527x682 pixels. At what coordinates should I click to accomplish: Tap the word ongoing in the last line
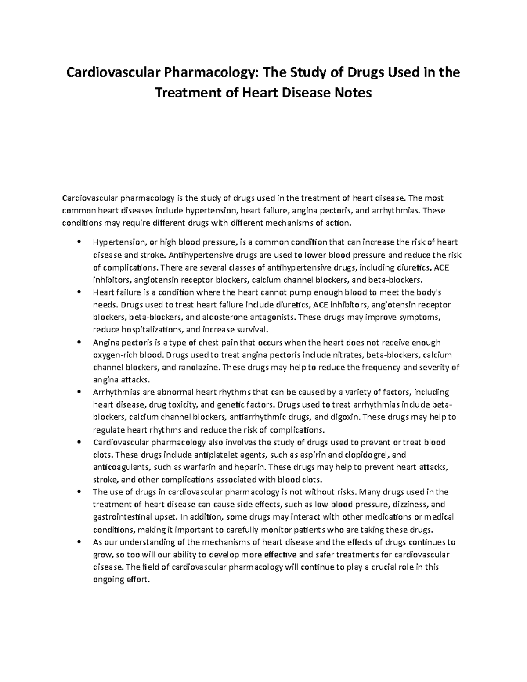click(108, 579)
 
